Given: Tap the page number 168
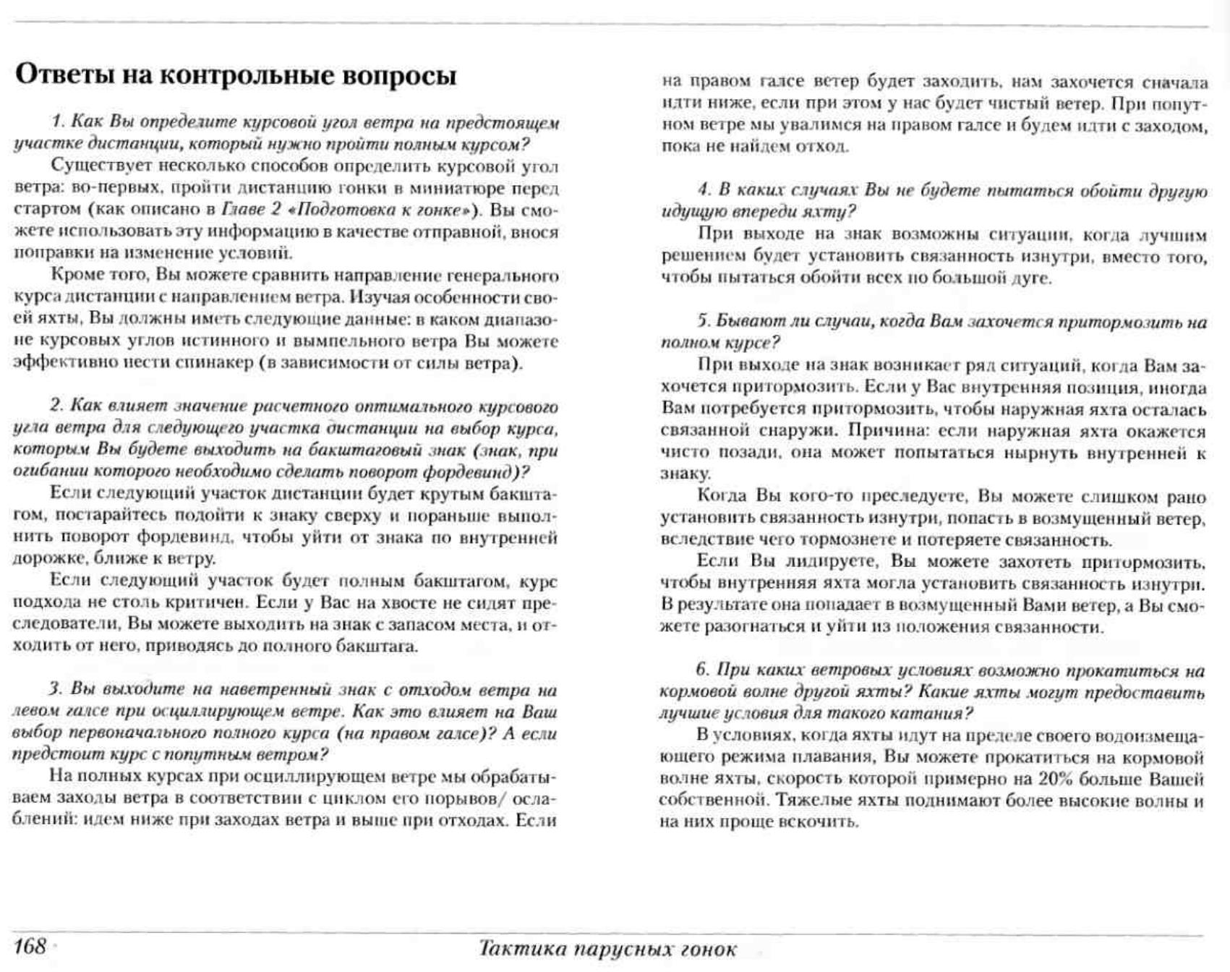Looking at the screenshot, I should (30, 946).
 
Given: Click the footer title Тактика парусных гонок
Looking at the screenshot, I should (607, 948).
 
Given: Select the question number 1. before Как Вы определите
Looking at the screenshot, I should (57, 122).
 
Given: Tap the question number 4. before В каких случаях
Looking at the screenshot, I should (704, 190).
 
